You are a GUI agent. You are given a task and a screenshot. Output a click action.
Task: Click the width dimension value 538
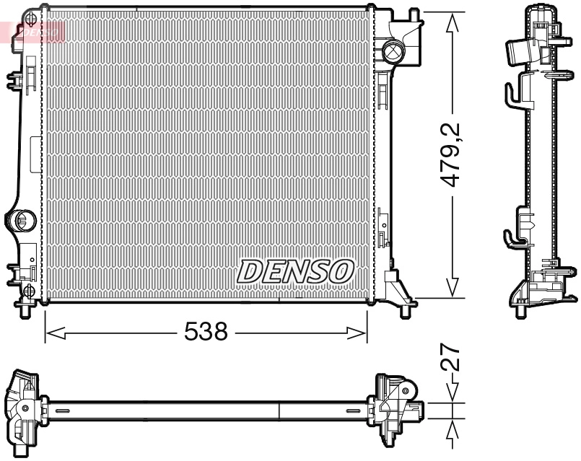coord(206,333)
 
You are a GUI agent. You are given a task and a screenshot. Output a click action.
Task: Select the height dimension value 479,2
coord(452,156)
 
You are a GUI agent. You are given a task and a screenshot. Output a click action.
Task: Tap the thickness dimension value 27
coord(451,358)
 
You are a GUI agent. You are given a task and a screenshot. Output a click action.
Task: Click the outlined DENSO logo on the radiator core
coord(296,271)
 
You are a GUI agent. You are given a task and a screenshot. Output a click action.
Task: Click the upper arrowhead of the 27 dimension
coord(452,393)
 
